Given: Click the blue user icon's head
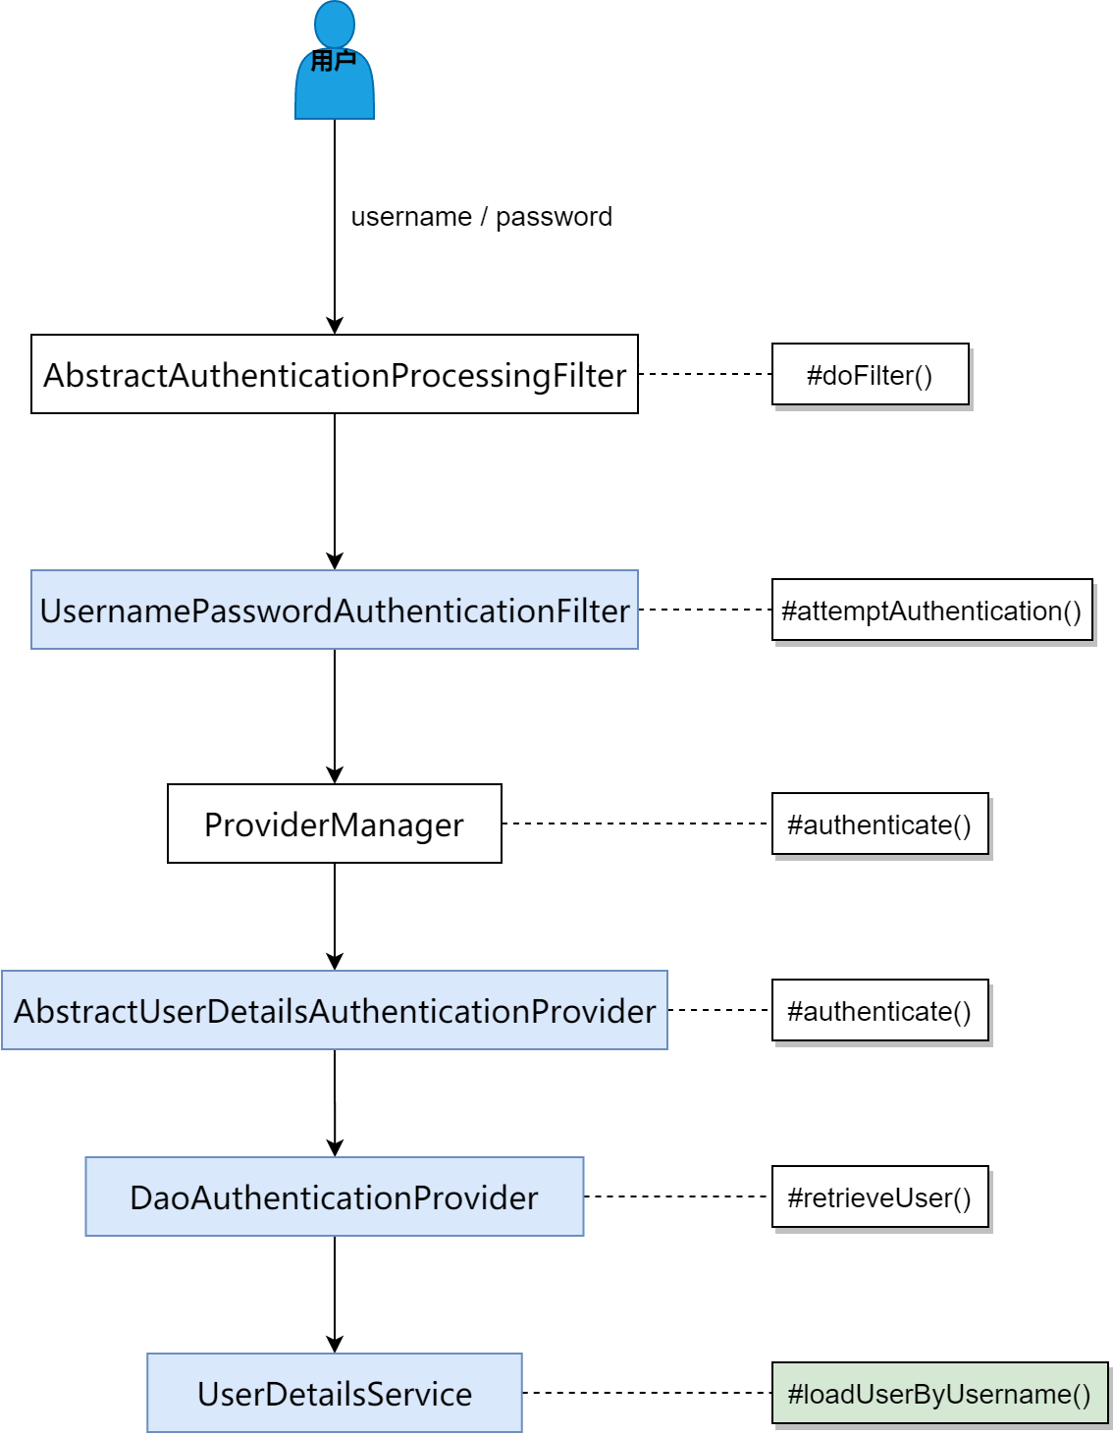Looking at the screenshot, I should (335, 24).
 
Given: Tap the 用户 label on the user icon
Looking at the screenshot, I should (334, 62).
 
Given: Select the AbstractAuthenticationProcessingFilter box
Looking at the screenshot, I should (335, 374).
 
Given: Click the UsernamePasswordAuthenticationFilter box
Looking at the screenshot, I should (335, 610).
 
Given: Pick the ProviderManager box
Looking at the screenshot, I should (335, 824).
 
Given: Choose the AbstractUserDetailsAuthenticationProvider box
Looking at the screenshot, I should (335, 1010).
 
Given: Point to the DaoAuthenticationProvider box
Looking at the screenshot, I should (335, 1196).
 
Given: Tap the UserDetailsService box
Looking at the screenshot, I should (335, 1393).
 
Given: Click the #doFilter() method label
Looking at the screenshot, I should (870, 374).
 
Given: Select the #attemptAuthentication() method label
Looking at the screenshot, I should (931, 611).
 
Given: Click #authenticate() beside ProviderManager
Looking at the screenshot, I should (879, 824).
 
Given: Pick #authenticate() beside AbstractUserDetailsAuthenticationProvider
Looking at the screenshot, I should (879, 1011).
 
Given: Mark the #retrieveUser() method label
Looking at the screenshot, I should (879, 1196).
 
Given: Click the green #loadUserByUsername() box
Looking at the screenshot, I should (939, 1393).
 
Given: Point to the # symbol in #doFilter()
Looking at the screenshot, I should (814, 376).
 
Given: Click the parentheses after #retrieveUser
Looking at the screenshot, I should (962, 1198).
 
